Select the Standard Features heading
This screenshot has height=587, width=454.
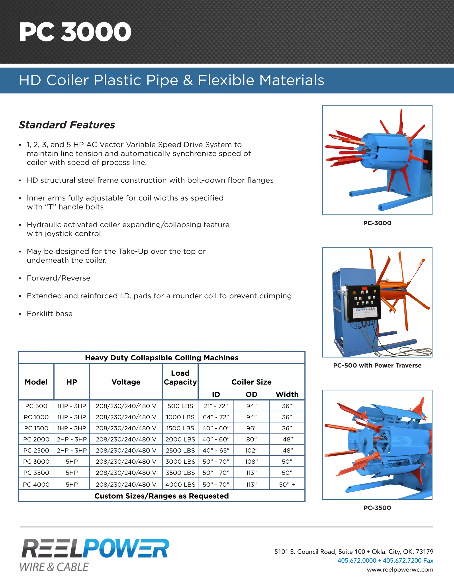tap(67, 125)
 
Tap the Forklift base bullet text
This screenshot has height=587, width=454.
tap(49, 314)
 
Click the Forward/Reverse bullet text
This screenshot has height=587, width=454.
tap(58, 278)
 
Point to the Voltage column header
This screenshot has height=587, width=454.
tap(126, 382)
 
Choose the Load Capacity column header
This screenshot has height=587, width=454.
tap(180, 378)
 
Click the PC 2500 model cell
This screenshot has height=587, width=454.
tap(36, 451)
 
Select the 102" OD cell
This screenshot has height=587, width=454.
tap(251, 451)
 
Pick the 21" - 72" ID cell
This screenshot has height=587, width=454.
tap(216, 406)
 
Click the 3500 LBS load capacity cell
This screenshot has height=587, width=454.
tap(180, 473)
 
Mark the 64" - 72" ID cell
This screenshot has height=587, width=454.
tap(216, 417)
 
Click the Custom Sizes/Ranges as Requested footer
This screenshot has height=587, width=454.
tap(161, 496)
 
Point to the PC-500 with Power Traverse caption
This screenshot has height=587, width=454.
tap(377, 365)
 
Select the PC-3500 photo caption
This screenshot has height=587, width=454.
tap(377, 508)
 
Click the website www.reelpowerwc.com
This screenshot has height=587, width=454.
tap(400, 570)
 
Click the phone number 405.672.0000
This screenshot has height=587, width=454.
tap(357, 560)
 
